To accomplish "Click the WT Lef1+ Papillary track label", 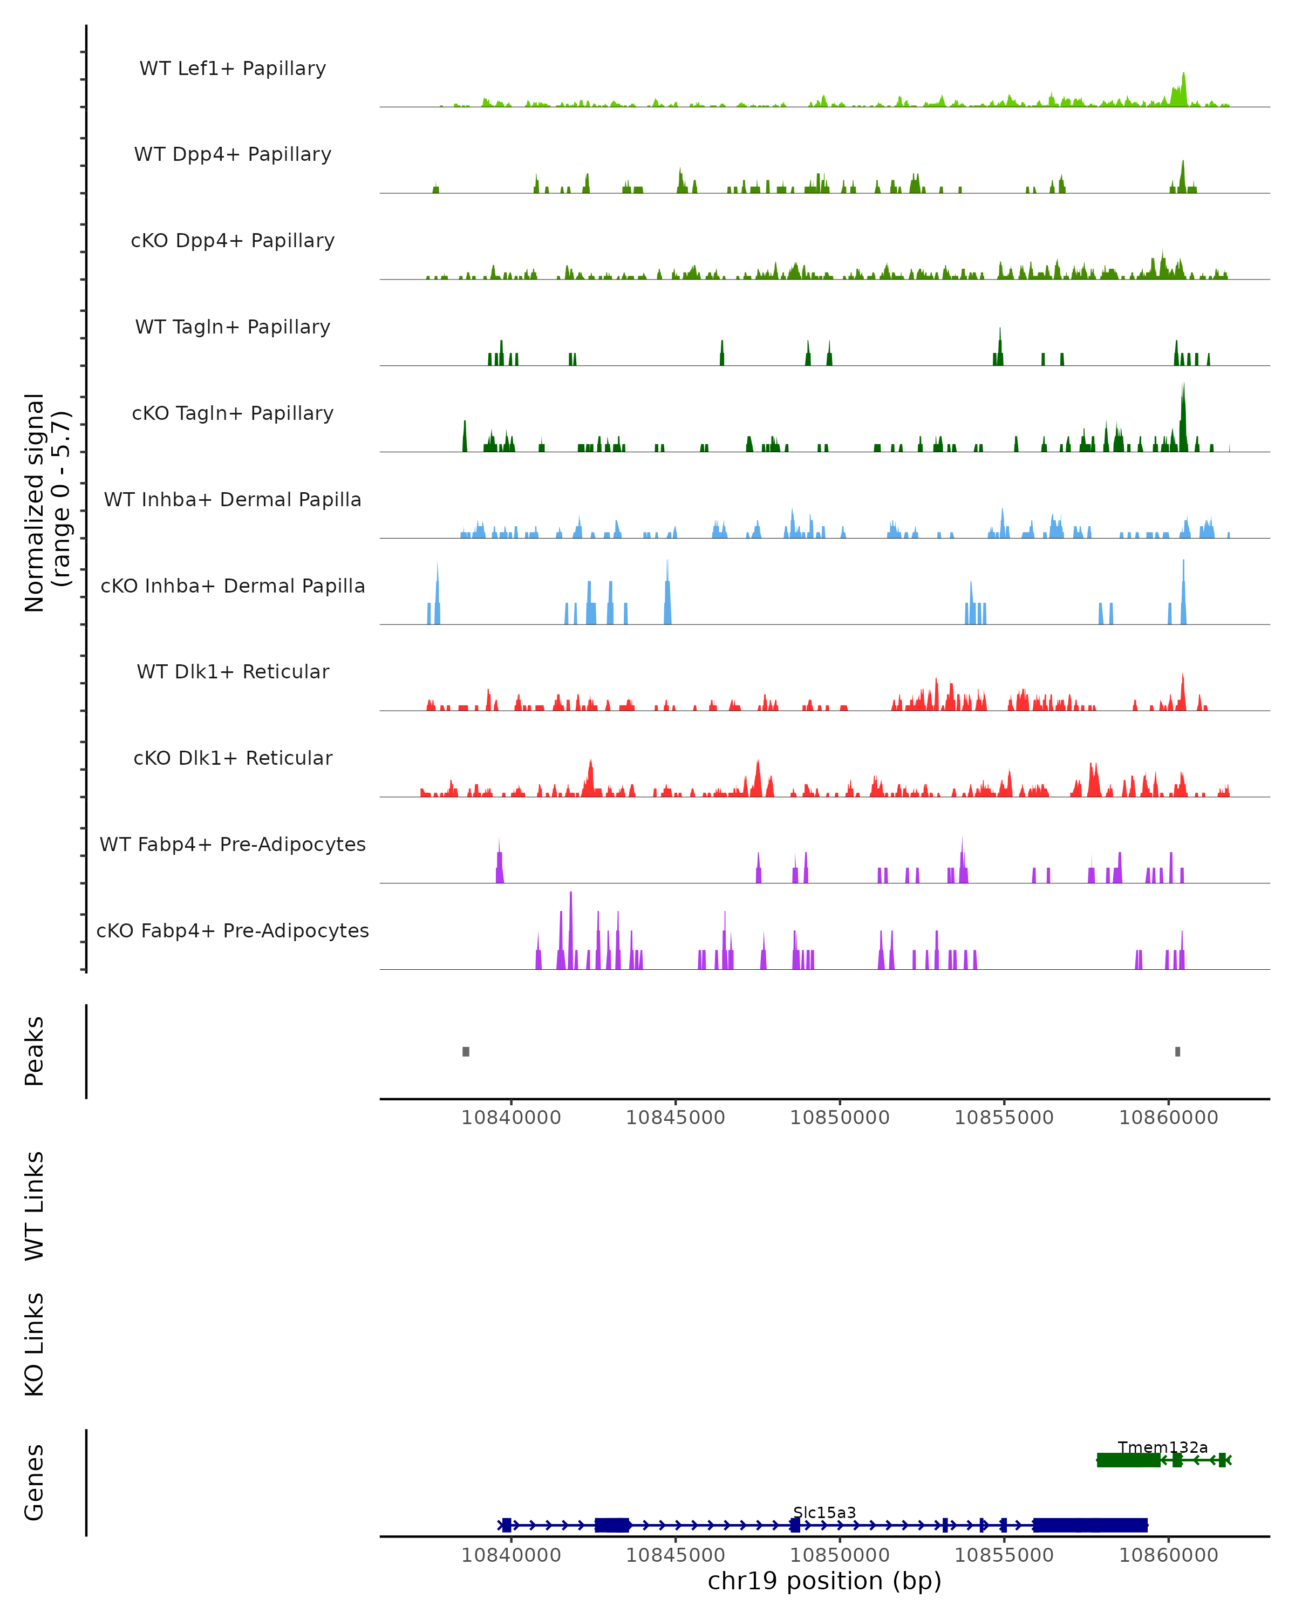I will tap(233, 69).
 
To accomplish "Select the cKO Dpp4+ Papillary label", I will tap(233, 240).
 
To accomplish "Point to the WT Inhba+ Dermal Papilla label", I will tap(233, 499).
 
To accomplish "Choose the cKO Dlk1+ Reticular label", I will tap(233, 758).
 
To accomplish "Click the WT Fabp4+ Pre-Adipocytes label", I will tap(233, 844).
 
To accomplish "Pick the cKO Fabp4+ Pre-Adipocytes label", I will tap(233, 930).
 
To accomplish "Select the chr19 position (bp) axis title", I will tap(824, 1581).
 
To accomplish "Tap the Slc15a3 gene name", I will tap(824, 1512).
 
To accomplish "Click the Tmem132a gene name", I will tap(1162, 1447).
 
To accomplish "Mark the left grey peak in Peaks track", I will tap(466, 1051).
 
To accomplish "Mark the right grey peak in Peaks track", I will tap(1177, 1051).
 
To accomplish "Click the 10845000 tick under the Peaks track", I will tap(676, 1118).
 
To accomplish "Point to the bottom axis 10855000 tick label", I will tap(1004, 1555).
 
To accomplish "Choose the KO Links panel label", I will tap(35, 1344).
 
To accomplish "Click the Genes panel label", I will tap(35, 1482).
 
